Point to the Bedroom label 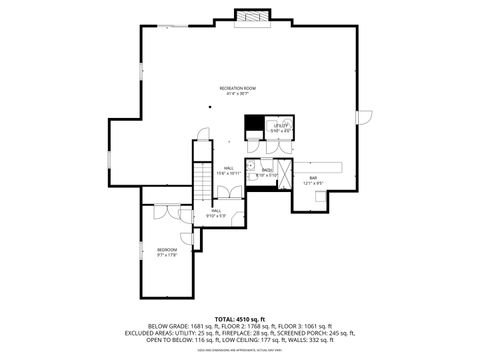167,251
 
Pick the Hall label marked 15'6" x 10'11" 229,170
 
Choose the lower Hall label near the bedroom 216,213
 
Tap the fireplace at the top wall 251,17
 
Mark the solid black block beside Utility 255,127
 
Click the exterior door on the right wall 363,117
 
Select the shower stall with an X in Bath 284,172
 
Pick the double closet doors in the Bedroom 162,214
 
